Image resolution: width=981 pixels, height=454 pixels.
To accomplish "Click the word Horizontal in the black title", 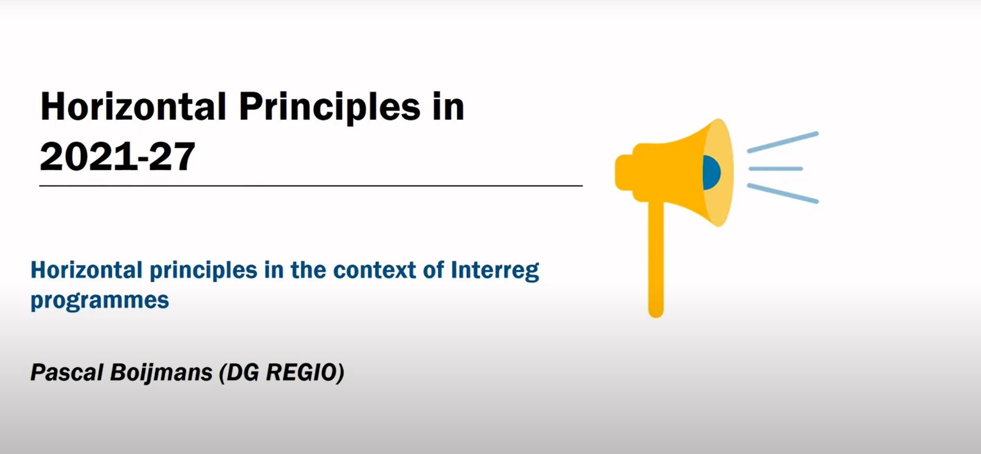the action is tap(133, 107).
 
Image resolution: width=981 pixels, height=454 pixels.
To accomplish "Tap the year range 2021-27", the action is tap(118, 157).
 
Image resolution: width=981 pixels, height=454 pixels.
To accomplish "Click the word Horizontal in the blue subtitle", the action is tap(86, 270).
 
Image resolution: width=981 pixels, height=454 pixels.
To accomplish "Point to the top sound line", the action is tap(783, 142).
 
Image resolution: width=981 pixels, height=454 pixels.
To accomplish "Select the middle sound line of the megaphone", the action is tap(776, 169).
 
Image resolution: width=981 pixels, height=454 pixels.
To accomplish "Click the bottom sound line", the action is tap(783, 193).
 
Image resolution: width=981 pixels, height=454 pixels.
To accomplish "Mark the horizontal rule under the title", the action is tap(311, 185).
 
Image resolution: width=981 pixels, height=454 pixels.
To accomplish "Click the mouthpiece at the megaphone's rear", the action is tap(624, 172).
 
